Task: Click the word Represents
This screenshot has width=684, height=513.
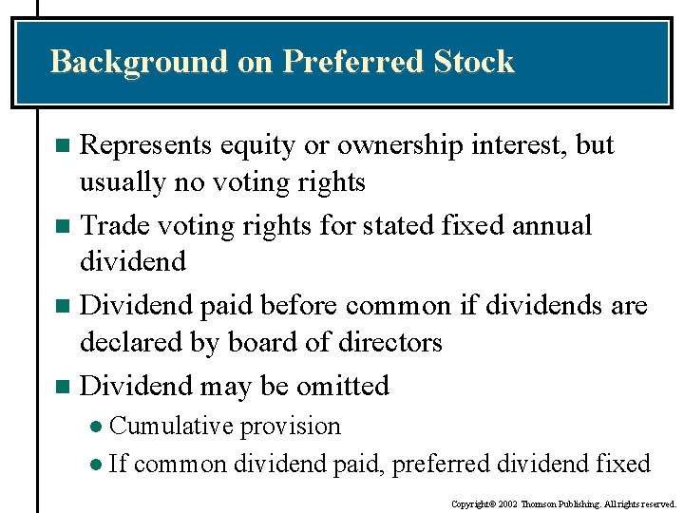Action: pos(146,145)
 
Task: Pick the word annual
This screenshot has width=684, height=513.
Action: pos(552,226)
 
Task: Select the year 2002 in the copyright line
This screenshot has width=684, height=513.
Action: pos(505,503)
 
